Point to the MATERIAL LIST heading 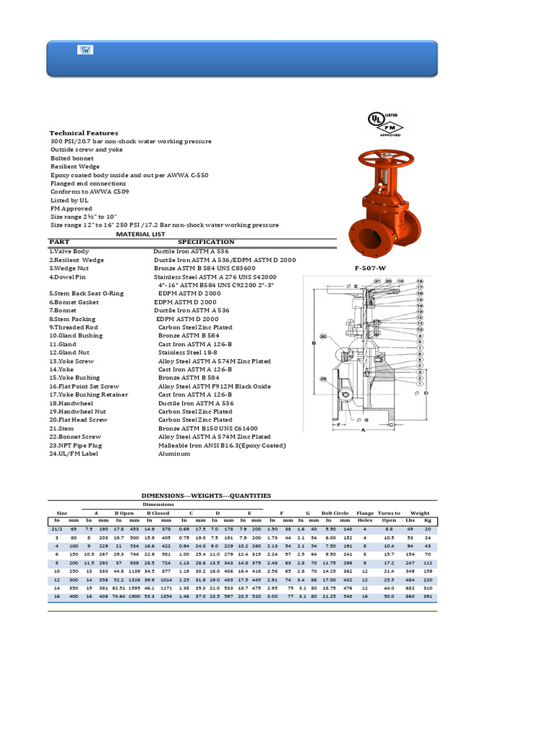140,234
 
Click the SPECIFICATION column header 206,242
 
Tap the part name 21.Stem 62,428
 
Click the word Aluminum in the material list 174,453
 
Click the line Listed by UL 70,200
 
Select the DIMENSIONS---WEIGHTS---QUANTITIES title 206,495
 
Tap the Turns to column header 389,512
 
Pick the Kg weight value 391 428,597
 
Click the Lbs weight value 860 410,597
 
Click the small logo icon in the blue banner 84,50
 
